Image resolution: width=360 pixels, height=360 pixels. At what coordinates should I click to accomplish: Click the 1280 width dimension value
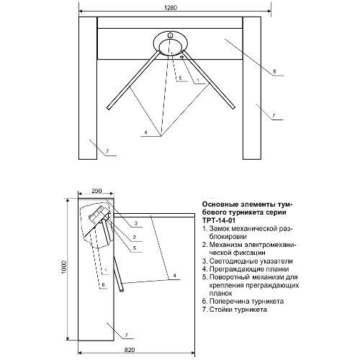(x=171, y=7)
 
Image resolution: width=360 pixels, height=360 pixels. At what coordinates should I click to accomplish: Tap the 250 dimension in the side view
(x=96, y=191)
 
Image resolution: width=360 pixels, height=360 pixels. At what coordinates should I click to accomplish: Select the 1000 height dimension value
(x=63, y=267)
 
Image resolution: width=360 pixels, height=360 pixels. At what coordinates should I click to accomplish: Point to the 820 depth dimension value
(x=130, y=350)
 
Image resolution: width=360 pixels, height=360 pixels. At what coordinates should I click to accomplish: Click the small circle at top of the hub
(x=170, y=35)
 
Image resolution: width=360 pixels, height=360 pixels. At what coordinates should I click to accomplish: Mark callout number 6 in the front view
(x=275, y=71)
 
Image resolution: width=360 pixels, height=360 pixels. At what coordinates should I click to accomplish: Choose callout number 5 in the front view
(x=180, y=78)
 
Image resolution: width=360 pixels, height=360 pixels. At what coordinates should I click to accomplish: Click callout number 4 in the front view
(x=145, y=132)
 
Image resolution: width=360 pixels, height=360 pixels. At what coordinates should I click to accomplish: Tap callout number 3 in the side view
(x=135, y=223)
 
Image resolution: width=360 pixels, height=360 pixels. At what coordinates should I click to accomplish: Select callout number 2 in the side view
(x=135, y=238)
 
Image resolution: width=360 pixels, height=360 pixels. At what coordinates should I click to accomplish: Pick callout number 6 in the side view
(x=103, y=284)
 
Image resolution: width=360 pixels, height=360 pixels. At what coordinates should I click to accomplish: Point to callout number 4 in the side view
(x=174, y=275)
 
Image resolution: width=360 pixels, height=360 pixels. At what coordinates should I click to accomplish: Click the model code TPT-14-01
(x=215, y=220)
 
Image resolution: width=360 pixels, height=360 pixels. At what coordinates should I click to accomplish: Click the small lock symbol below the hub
(x=182, y=57)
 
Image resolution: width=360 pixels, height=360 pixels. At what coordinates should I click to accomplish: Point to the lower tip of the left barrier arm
(x=109, y=109)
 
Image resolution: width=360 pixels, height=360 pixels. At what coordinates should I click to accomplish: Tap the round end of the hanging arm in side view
(x=122, y=290)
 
